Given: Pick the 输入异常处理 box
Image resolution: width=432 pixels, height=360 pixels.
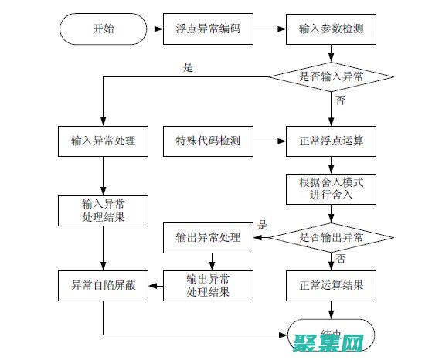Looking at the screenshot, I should [x=103, y=141].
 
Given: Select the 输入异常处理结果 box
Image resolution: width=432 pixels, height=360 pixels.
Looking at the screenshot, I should [x=103, y=212].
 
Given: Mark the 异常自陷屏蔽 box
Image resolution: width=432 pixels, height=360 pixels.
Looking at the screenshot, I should [x=103, y=285].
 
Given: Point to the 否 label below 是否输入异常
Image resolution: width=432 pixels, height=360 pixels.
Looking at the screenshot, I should [x=340, y=101].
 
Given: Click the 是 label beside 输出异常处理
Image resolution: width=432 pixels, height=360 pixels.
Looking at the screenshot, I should [x=262, y=226].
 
